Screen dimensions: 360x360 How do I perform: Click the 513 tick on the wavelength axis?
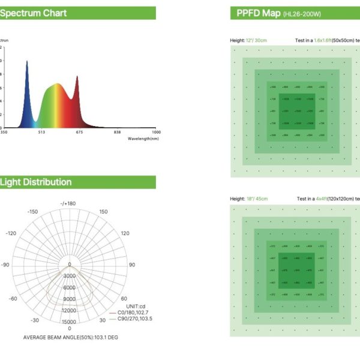41,132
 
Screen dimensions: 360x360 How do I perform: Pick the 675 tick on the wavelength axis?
79,132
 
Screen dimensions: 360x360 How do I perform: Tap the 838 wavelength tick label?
118,132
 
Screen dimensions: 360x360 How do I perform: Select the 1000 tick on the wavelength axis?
156,132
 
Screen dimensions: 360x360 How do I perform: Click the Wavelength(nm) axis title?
143,139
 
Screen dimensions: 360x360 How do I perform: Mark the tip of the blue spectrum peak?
27,61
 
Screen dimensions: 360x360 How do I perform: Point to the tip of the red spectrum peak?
77,76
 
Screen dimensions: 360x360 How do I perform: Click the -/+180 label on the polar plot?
68,203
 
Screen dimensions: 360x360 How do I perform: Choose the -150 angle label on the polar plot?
32,211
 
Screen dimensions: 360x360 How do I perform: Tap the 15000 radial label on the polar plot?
69,322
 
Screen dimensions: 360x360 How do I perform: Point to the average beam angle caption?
71,337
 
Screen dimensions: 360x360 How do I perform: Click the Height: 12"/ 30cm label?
248,41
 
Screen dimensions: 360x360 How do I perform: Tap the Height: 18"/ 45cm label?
249,198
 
